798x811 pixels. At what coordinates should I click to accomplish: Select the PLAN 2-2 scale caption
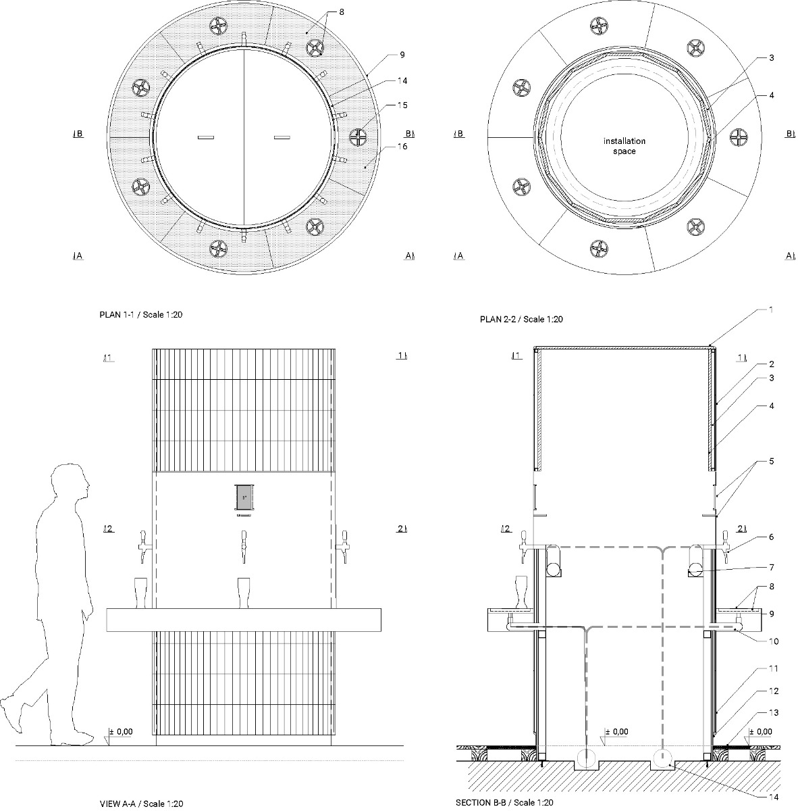521,320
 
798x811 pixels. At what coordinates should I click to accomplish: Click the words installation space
624,146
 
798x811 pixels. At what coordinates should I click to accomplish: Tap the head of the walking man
70,481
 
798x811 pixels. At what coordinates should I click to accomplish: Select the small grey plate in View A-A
243,499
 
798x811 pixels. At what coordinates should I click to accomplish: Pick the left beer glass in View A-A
141,593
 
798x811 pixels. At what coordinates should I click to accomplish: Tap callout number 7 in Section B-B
771,567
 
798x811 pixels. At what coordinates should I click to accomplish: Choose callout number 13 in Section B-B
774,713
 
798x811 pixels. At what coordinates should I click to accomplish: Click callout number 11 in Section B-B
773,668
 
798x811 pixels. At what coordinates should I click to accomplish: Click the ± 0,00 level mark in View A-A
122,732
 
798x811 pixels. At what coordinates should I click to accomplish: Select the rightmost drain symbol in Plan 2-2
741,137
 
